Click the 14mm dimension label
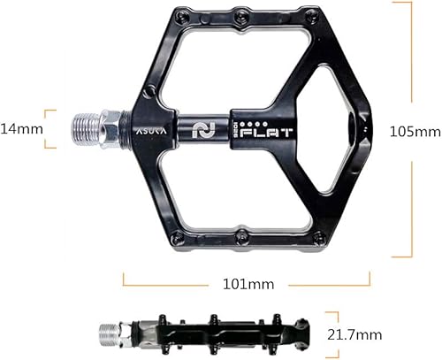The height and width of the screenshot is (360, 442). [21, 129]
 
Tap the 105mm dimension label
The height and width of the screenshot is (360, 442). [415, 131]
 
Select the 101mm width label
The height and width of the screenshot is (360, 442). [248, 284]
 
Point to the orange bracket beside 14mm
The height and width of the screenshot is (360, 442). [51, 129]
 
